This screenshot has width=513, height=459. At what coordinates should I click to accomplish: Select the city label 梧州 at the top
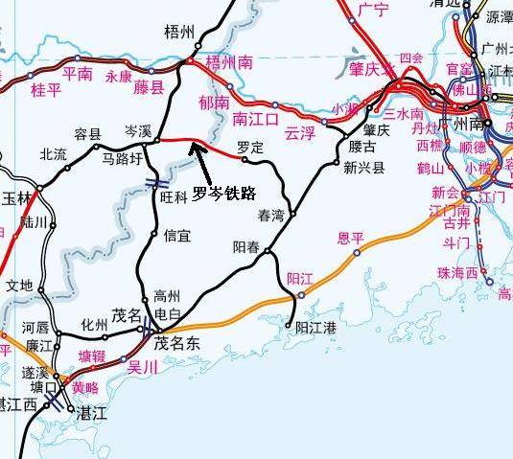(x=179, y=32)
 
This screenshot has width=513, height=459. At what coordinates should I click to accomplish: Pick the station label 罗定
(x=250, y=148)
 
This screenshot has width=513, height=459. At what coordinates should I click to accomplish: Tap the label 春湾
(x=271, y=216)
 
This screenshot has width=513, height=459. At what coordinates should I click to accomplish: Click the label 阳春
(x=247, y=246)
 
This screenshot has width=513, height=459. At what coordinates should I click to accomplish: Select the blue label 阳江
(x=300, y=279)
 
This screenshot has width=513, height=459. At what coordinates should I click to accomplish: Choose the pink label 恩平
(x=352, y=238)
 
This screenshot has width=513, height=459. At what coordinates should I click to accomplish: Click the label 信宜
(x=177, y=233)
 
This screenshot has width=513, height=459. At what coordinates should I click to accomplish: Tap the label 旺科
(x=175, y=196)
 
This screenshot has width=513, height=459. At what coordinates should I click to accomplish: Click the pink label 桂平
(x=46, y=90)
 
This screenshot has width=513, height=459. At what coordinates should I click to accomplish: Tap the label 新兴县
(x=364, y=168)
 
